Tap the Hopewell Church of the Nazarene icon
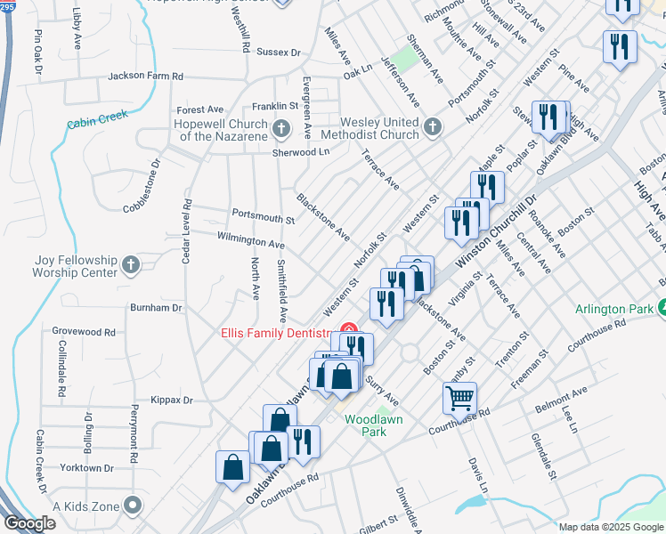[x=281, y=129]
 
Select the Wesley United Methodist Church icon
[x=432, y=127]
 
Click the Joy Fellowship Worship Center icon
[x=130, y=264]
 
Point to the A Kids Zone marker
[x=133, y=506]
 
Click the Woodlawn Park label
[x=376, y=425]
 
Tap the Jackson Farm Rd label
[x=145, y=77]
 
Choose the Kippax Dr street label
[x=172, y=400]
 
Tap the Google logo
[x=29, y=523]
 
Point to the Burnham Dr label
[x=156, y=307]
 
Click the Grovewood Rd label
[x=84, y=332]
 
